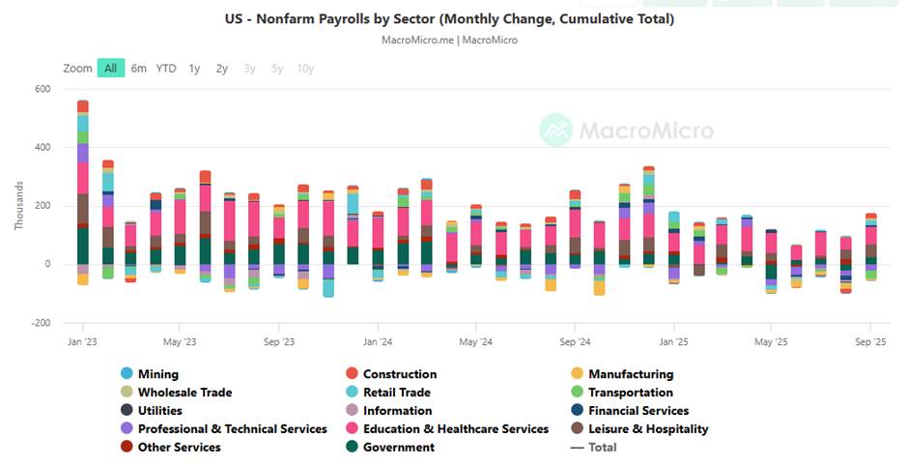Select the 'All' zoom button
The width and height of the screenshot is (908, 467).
point(111,68)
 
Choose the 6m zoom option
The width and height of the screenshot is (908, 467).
point(139,68)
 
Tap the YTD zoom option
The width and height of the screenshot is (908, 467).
point(166,68)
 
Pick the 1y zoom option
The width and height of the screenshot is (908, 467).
point(194,68)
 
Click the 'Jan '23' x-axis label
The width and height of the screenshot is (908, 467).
point(83,341)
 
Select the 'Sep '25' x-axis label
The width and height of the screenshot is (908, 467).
point(871,341)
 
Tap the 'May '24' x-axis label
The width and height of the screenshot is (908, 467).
point(476,341)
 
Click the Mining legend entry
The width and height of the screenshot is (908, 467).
point(157,374)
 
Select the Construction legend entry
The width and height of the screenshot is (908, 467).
point(399,374)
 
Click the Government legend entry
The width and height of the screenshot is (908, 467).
point(398,448)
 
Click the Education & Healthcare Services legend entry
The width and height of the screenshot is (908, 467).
point(455,429)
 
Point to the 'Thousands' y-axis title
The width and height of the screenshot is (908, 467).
point(19,206)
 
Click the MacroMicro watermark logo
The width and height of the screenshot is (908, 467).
point(626,130)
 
